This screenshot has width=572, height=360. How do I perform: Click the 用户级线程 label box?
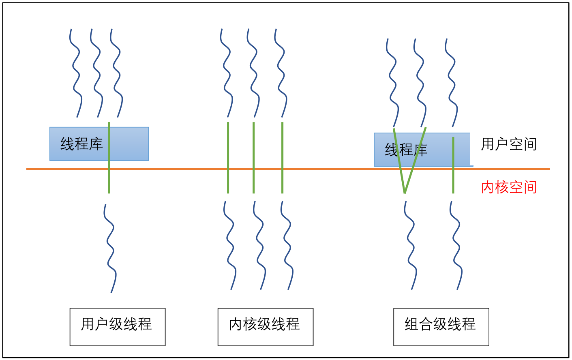pyautogui.click(x=117, y=327)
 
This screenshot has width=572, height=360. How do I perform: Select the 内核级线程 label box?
pyautogui.click(x=265, y=327)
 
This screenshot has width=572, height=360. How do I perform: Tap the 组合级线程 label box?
pyautogui.click(x=441, y=327)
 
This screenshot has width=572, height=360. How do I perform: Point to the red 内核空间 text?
pyautogui.click(x=509, y=187)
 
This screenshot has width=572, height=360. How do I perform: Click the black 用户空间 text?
pyautogui.click(x=509, y=144)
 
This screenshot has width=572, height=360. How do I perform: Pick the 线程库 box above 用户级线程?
pyautogui.click(x=81, y=144)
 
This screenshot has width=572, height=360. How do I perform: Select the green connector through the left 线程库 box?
pyautogui.click(x=109, y=178)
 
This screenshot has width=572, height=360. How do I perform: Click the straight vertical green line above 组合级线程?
pyautogui.click(x=453, y=178)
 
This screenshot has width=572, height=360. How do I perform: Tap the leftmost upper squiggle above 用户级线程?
pyautogui.click(x=75, y=73)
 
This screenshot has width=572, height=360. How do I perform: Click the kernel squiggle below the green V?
pyautogui.click(x=410, y=245)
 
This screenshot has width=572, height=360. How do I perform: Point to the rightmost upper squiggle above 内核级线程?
pyautogui.click(x=281, y=73)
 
